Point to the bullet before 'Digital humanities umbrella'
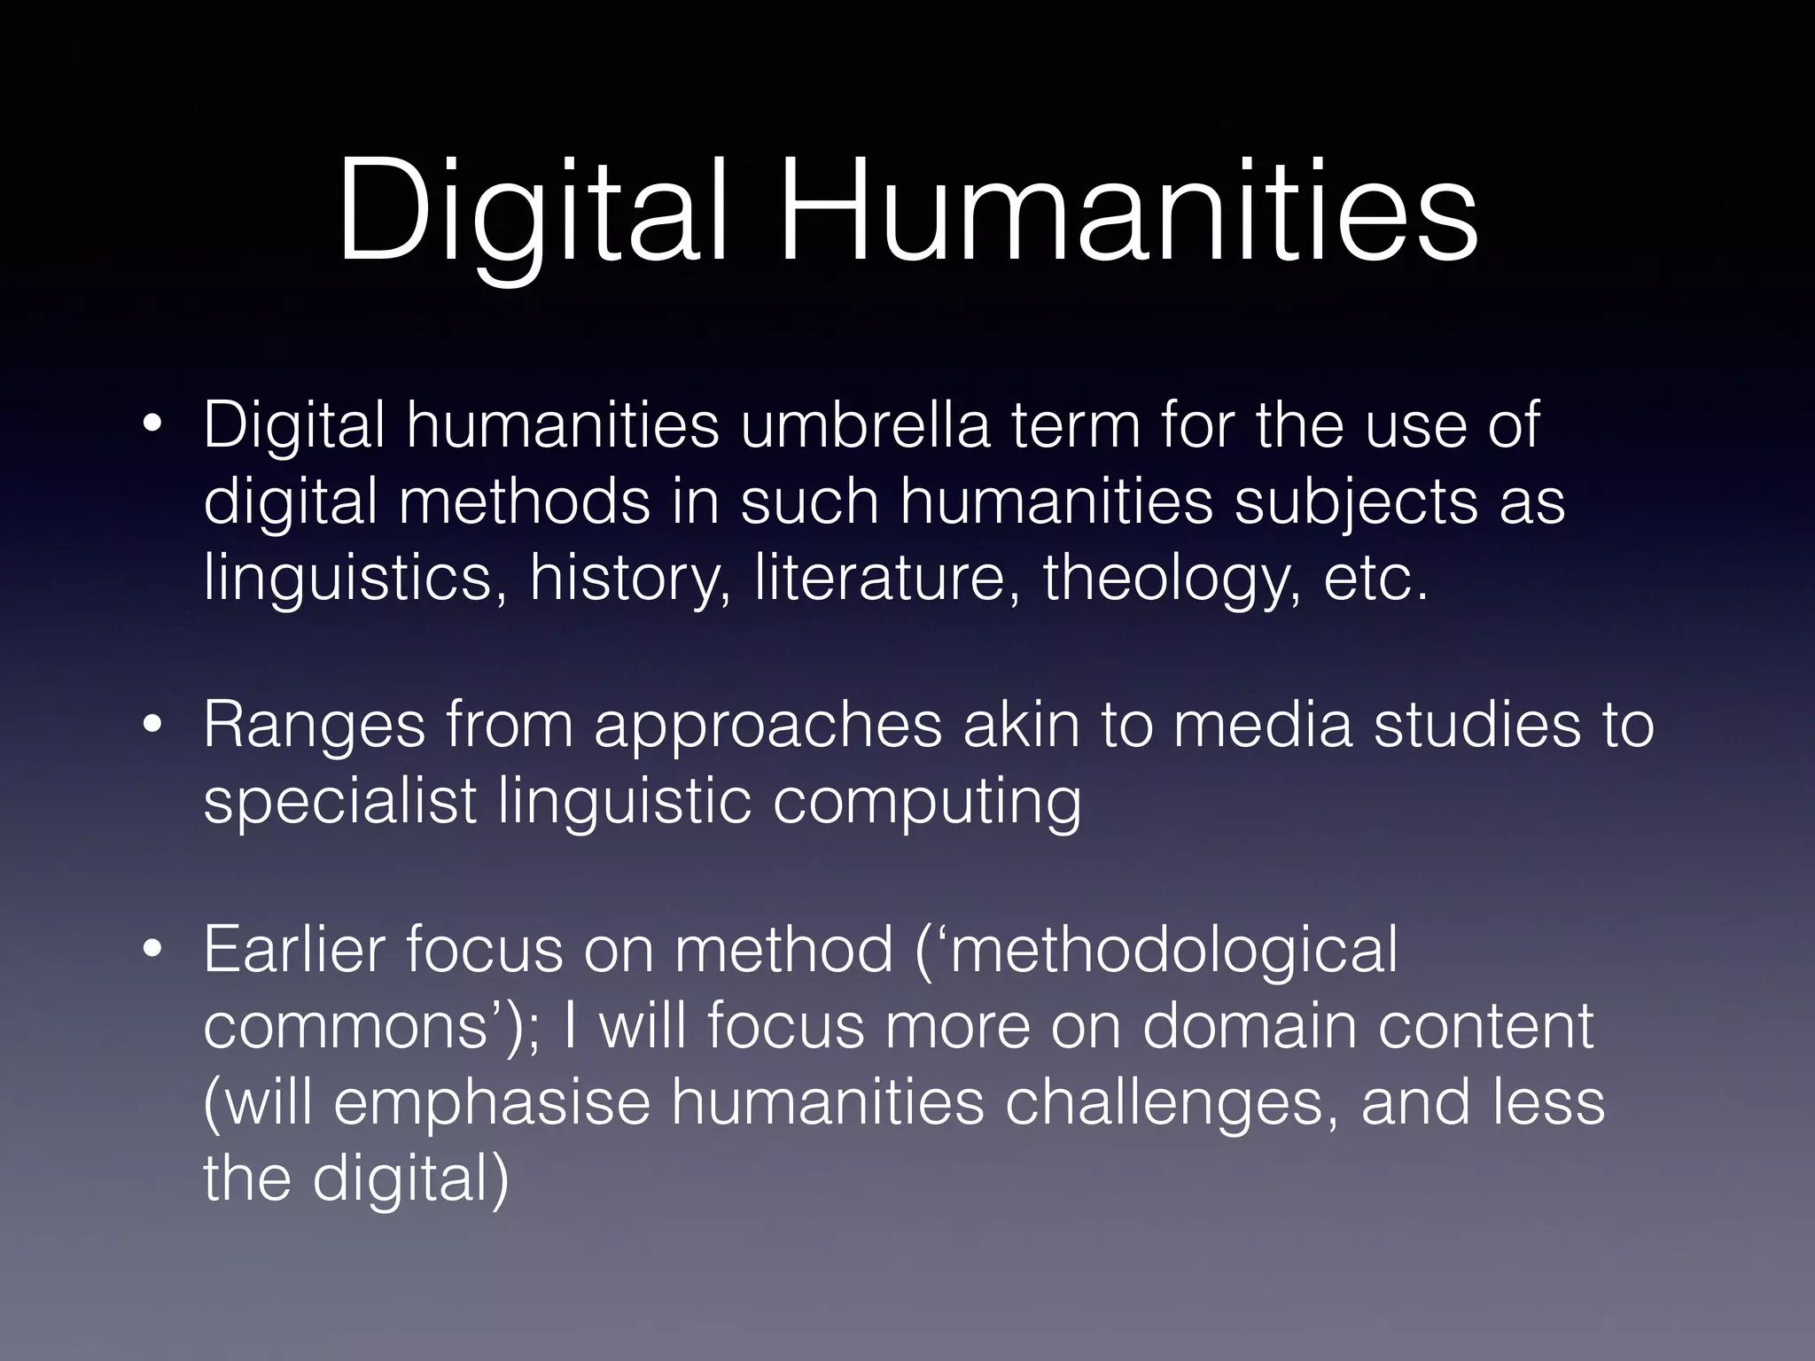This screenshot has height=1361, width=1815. coord(152,427)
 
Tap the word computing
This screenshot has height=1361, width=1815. coord(926,803)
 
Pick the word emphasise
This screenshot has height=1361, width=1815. coord(492,1102)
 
